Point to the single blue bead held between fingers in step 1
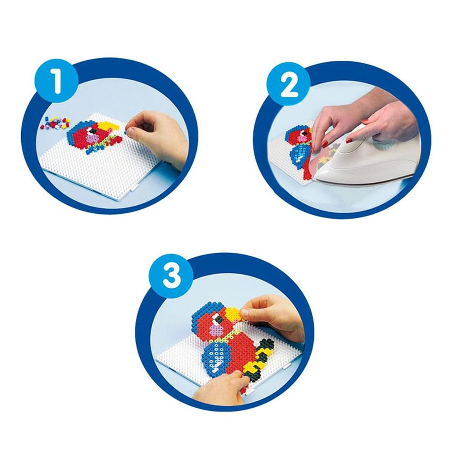(126, 131)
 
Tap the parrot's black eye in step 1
(92, 131)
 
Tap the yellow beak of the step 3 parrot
(234, 315)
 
